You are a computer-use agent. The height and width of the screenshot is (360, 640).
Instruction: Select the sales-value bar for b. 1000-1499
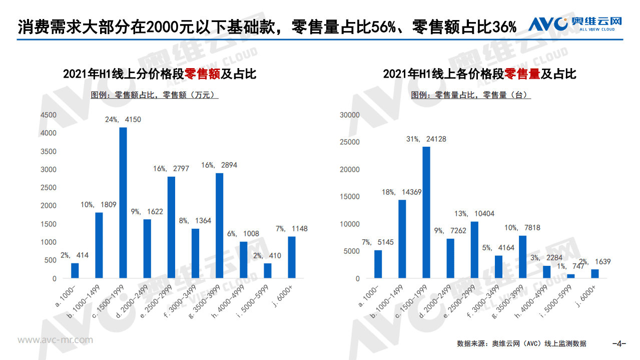[x=99, y=245]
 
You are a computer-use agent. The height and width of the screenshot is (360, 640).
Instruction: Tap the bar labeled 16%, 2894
[x=219, y=225]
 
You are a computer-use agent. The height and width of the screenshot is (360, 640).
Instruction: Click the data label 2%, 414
[x=75, y=256]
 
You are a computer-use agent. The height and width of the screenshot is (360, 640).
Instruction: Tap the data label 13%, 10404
[x=475, y=214]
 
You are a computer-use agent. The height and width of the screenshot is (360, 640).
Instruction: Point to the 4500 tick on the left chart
[x=49, y=115]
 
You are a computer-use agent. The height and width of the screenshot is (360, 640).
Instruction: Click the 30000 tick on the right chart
[x=350, y=115]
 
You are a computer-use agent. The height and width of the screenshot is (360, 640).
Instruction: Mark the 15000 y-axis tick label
[x=350, y=197]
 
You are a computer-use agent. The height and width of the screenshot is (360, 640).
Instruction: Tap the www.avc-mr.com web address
[x=55, y=340]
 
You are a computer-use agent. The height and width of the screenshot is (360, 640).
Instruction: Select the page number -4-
[x=619, y=343]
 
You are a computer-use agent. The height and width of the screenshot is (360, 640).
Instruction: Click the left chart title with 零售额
[x=160, y=74]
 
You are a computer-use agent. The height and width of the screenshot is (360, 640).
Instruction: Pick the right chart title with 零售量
[x=479, y=74]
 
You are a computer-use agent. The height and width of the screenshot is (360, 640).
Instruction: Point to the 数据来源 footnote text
[x=521, y=343]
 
